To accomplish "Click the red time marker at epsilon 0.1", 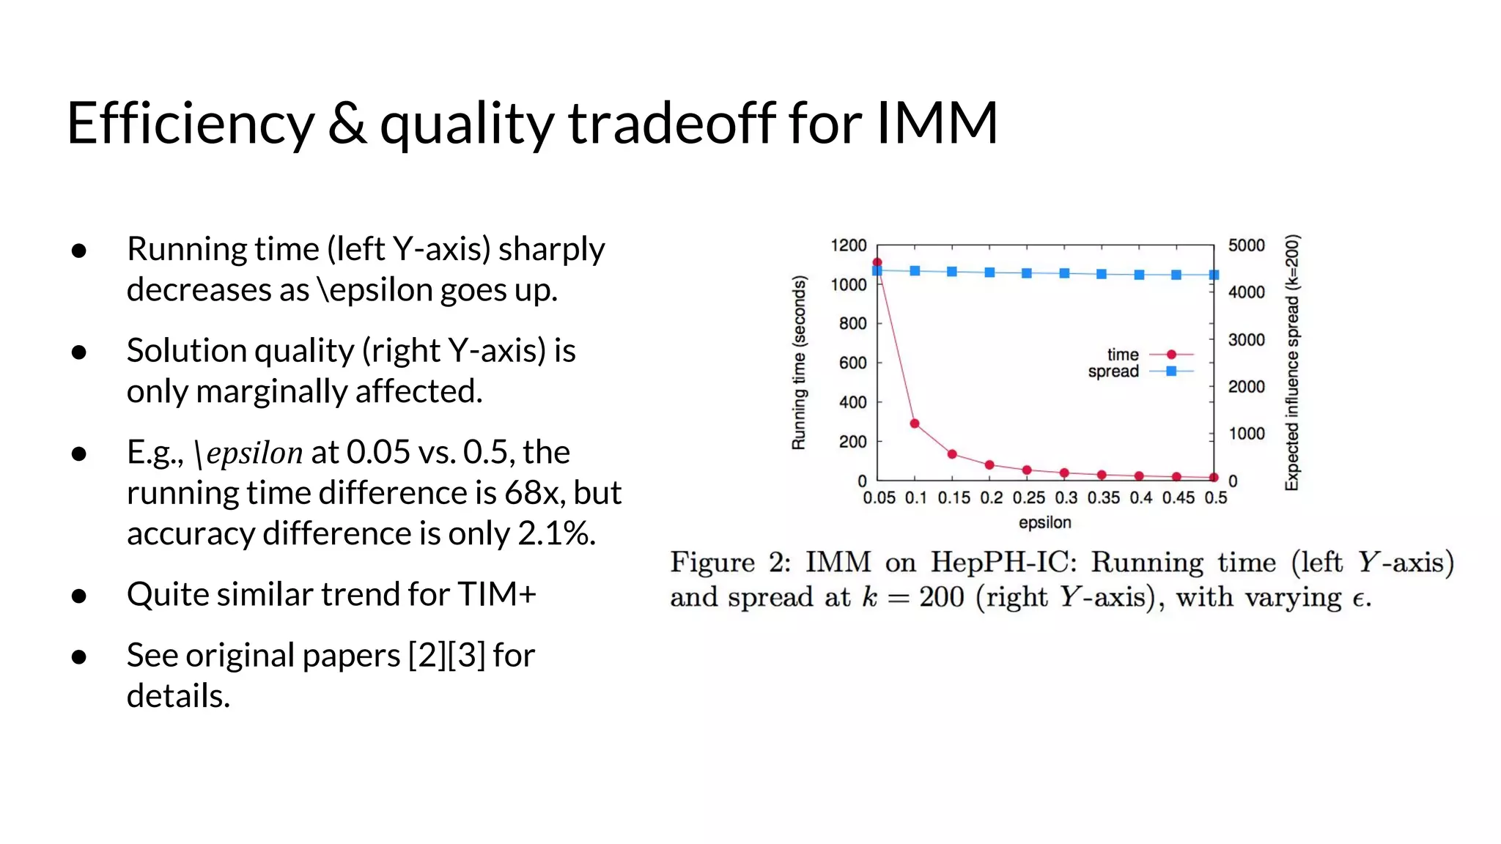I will point(915,423).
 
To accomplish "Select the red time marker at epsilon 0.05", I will point(877,262).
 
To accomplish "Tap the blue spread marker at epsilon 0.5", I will point(1214,275).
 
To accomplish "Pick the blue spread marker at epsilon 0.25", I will point(1027,273).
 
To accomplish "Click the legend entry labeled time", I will point(1123,355).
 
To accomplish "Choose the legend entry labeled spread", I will point(1113,371).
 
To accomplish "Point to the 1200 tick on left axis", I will point(849,245).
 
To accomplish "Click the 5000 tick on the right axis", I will point(1246,245).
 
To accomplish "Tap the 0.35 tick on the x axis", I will point(1103,498).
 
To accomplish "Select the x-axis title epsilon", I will point(1044,522).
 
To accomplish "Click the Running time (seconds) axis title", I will point(799,363).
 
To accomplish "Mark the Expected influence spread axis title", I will point(1292,363).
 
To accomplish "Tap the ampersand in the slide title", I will point(347,123).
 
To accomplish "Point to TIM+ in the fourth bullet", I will point(497,594).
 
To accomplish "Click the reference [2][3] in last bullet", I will point(446,655).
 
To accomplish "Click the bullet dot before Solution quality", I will point(79,352).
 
